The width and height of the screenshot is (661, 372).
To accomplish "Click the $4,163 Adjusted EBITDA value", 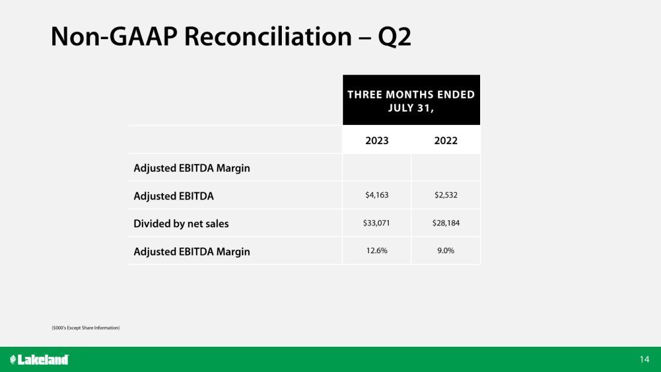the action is point(377,195).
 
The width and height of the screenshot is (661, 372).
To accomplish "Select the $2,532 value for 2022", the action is point(446,195).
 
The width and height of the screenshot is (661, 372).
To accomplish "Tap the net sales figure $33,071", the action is point(376,223).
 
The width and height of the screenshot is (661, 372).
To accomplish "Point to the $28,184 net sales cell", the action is point(446,223).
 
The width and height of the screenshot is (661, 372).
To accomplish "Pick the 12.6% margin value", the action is point(377,251).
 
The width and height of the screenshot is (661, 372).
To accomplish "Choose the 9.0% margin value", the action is point(446,251).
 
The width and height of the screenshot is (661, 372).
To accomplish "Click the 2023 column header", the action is point(377,141).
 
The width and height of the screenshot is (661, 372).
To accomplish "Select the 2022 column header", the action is point(446,141).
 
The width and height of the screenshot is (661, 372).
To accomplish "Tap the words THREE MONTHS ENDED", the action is point(411,94).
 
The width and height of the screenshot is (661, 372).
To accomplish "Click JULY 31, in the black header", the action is point(411,108).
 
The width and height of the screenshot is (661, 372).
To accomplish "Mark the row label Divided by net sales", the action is point(181,224).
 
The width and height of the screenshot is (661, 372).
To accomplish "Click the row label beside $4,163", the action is point(174,196).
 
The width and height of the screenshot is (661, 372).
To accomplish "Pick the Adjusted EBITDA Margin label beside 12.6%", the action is point(192,252).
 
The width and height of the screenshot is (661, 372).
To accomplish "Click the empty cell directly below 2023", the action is point(377,168).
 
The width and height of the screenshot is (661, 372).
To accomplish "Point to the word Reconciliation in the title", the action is point(268,36).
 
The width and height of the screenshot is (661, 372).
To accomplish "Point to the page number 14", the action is point(645,359).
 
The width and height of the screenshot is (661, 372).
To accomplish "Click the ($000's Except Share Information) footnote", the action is point(85,328).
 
